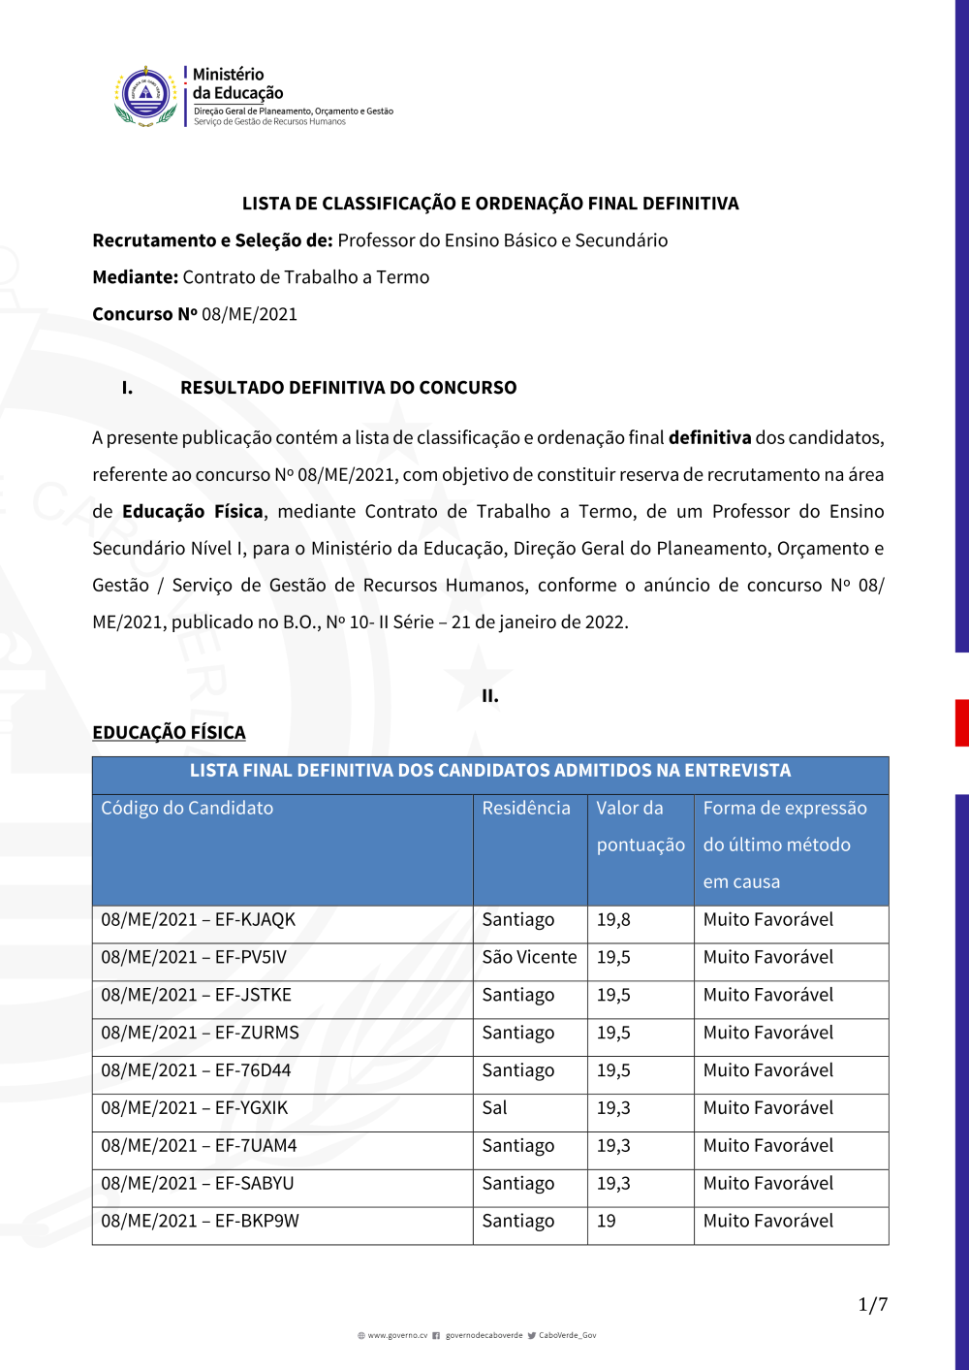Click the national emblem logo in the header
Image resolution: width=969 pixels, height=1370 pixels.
pyautogui.click(x=145, y=96)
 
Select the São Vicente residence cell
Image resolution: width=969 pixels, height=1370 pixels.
pyautogui.click(x=529, y=958)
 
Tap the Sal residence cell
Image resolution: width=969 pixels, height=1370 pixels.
pyautogui.click(x=495, y=1108)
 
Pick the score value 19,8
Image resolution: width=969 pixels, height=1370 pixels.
pyautogui.click(x=613, y=920)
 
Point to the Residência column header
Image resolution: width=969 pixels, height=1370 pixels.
pyautogui.click(x=526, y=809)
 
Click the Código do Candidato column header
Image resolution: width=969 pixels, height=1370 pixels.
pyautogui.click(x=187, y=809)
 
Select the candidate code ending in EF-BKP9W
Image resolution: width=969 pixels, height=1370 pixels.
pyautogui.click(x=201, y=1222)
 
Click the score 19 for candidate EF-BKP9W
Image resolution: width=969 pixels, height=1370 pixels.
pyautogui.click(x=607, y=1222)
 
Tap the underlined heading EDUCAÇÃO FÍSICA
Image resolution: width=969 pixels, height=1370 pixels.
pyautogui.click(x=169, y=733)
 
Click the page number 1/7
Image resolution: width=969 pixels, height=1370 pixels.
pyautogui.click(x=872, y=1305)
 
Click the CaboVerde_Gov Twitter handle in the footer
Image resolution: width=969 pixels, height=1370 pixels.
pyautogui.click(x=567, y=1336)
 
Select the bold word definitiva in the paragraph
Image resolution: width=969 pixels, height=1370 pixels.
pyautogui.click(x=709, y=438)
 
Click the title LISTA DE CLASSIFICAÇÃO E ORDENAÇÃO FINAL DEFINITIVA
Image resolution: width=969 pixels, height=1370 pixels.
pyautogui.click(x=490, y=204)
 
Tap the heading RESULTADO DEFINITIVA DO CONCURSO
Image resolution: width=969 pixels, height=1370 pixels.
pyautogui.click(x=348, y=388)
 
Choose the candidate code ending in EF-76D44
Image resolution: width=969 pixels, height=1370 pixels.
pyautogui.click(x=197, y=1071)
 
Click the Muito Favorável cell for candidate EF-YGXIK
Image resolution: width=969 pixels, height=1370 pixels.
pyautogui.click(x=768, y=1108)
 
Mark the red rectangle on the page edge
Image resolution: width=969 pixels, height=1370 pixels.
pyautogui.click(x=961, y=722)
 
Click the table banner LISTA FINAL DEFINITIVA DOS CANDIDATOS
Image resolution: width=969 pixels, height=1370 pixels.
pyautogui.click(x=490, y=771)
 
